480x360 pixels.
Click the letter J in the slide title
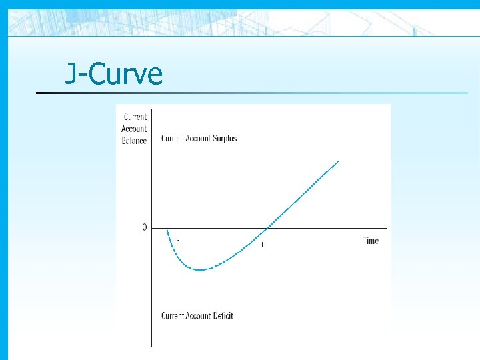(70, 74)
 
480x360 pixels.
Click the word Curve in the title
(125, 74)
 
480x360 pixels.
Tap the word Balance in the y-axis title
(134, 141)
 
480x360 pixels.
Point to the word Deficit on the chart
(219, 315)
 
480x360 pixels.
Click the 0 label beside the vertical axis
(145, 227)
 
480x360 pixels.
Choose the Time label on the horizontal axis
(371, 241)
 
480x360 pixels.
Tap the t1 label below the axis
(261, 243)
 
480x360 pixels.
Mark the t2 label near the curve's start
(177, 241)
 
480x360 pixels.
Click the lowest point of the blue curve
(201, 269)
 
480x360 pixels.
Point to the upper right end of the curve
(339, 161)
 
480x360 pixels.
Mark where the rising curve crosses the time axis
(265, 229)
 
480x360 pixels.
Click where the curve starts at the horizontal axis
(167, 229)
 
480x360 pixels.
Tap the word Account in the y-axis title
(134, 129)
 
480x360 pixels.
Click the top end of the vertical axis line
(152, 107)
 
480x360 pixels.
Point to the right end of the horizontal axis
(387, 229)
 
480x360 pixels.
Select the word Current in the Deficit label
(173, 315)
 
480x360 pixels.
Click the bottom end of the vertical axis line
(152, 346)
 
